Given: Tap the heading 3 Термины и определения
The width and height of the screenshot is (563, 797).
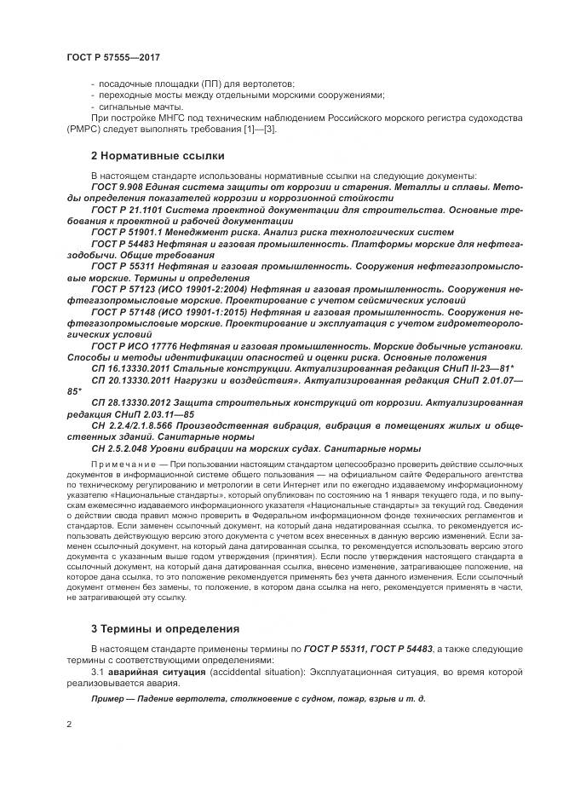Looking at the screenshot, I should (156, 629).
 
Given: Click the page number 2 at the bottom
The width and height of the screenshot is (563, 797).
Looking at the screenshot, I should (68, 725).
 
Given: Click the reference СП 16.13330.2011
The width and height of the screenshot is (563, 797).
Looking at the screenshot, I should (132, 369).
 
